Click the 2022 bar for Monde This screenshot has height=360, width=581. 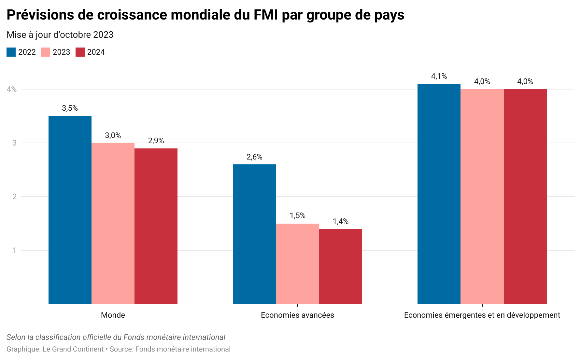(70, 210)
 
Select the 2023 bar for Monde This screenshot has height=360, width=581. (113, 223)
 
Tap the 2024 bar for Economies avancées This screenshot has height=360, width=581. (341, 266)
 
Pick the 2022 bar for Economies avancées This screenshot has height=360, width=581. (254, 234)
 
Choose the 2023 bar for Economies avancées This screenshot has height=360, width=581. (298, 264)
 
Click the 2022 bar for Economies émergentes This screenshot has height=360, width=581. (439, 194)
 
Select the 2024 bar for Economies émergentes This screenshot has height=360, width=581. (525, 197)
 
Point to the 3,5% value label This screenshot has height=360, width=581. (70, 108)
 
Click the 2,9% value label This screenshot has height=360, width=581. (156, 141)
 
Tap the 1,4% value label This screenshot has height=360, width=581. (341, 221)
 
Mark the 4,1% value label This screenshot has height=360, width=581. (439, 76)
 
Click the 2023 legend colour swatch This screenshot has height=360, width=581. (46, 52)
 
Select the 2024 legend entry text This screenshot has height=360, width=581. (96, 52)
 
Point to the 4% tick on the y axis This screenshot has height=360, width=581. (12, 89)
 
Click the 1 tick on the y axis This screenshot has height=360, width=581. (14, 250)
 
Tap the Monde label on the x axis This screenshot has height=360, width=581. (113, 315)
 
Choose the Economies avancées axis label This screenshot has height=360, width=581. (298, 315)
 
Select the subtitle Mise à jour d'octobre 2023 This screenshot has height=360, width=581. (60, 35)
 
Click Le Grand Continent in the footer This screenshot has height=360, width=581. (73, 349)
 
